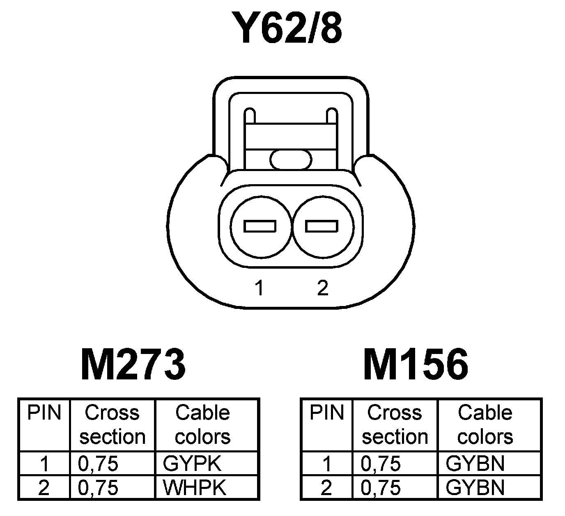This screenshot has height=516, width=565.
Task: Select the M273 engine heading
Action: (x=133, y=364)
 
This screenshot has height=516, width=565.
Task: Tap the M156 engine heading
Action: (x=416, y=364)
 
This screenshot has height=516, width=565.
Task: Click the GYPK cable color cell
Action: (x=192, y=463)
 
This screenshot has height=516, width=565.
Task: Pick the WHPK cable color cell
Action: (x=195, y=487)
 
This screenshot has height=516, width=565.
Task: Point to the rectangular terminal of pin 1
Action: (x=260, y=226)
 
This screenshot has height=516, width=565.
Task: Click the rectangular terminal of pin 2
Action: (x=322, y=226)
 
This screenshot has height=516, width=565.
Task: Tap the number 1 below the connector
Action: (x=259, y=288)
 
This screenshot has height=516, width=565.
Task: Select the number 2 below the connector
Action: (x=323, y=288)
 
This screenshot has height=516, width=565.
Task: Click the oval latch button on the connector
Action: (x=291, y=159)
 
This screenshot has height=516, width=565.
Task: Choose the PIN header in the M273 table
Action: (x=44, y=413)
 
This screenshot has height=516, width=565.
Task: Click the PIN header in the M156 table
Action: (x=326, y=413)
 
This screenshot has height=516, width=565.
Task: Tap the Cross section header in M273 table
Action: (x=112, y=425)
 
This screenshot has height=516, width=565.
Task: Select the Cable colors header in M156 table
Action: (x=485, y=425)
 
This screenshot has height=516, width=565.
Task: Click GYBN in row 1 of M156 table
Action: (x=475, y=463)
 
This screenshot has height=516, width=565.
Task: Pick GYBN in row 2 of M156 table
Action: (x=475, y=487)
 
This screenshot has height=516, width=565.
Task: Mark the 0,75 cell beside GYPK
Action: (x=98, y=463)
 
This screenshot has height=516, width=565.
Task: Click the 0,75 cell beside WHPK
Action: (x=98, y=487)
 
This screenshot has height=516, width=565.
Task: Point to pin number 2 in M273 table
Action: (x=44, y=487)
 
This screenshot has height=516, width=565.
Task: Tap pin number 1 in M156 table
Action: (x=326, y=463)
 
